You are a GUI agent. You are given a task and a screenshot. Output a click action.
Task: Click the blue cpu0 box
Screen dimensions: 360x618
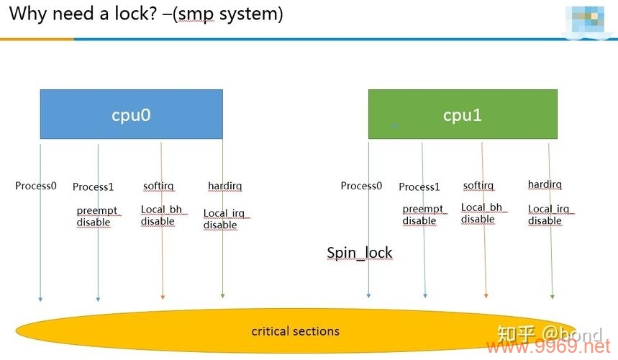pos(131,114)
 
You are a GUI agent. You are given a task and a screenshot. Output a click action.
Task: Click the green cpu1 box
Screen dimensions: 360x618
pos(463,114)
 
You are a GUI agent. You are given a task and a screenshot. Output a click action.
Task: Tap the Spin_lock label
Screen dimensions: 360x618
pos(360,253)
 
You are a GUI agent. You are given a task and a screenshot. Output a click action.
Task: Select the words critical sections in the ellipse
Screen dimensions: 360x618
pos(295,331)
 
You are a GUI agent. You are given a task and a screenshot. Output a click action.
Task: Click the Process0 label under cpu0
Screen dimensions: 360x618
pos(36,186)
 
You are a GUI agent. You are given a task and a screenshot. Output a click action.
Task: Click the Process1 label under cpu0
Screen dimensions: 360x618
pos(94,187)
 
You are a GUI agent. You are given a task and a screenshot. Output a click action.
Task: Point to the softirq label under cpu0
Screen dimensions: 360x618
pos(158,186)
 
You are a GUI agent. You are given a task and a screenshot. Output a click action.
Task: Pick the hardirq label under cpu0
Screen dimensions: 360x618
pos(224,186)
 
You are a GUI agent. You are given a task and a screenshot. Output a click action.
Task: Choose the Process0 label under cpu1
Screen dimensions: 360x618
pos(361,186)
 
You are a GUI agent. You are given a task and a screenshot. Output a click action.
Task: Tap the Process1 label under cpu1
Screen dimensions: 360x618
pos(419,187)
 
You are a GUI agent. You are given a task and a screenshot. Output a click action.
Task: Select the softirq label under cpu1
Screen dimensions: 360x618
pos(478,186)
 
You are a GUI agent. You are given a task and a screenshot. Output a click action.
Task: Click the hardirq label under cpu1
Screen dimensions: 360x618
pos(545,184)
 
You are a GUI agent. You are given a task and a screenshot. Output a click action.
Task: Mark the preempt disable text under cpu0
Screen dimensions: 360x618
pos(96,217)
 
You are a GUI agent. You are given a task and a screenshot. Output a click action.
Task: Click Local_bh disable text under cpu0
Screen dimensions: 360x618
pos(161,215)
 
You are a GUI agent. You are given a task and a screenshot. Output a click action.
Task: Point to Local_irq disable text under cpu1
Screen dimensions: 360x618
pos(549,215)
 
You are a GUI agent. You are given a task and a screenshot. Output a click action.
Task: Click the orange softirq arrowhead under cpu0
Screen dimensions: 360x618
pos(163,295)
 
